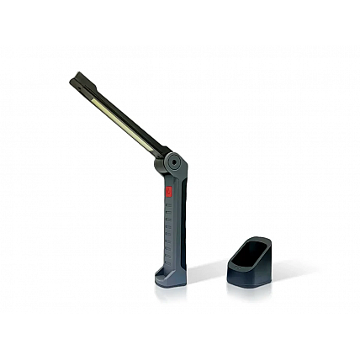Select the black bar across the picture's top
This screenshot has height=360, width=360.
click(x=180, y=22)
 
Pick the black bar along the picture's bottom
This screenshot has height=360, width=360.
click(x=180, y=337)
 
